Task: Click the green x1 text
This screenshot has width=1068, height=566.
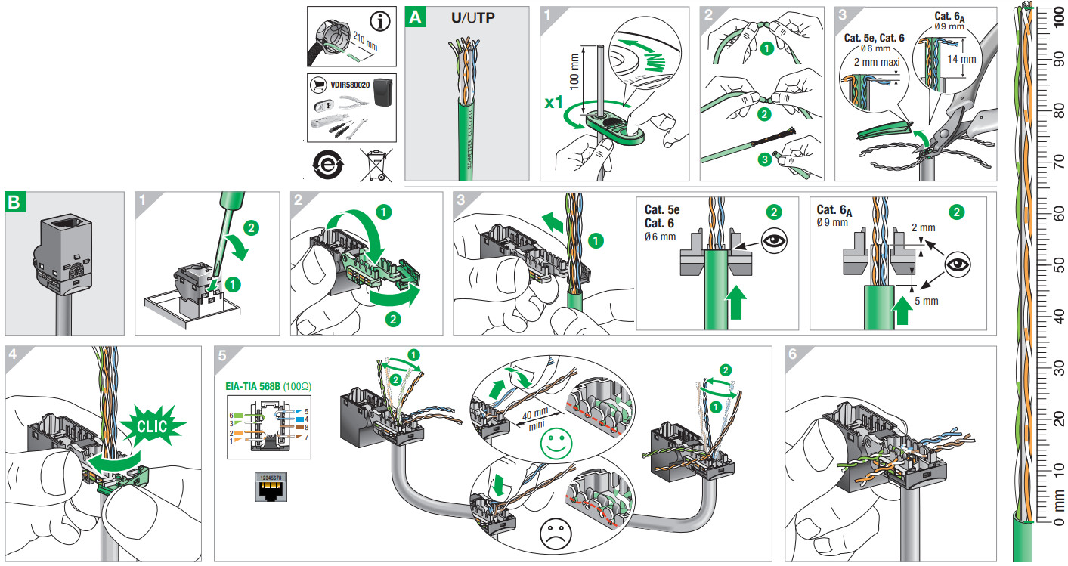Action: [558, 101]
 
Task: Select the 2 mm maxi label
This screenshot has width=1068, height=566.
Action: [865, 63]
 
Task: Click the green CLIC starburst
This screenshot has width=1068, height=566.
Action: [156, 428]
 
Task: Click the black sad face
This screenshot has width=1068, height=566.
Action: [556, 535]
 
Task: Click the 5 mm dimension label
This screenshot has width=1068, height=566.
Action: [927, 300]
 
